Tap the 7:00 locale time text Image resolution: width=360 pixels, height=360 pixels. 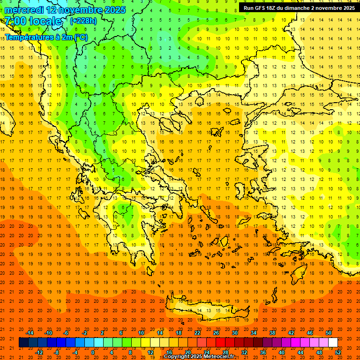pyautogui.click(x=33, y=21)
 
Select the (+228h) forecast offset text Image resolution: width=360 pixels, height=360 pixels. pyautogui.click(x=83, y=21)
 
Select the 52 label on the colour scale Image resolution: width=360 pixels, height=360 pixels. pyautogui.click(x=338, y=352)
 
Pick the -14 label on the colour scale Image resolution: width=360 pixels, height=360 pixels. pyautogui.click(x=30, y=333)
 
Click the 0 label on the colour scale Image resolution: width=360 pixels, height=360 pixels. pyautogui.click(x=93, y=352)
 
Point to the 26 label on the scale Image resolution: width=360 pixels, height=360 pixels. pyautogui.click(x=216, y=333)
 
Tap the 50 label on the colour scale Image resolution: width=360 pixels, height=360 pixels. pyautogui.click(x=328, y=333)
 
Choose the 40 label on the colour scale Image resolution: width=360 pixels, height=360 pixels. pyautogui.click(x=282, y=352)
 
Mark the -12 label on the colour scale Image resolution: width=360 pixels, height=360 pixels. pyautogui.click(x=39, y=352)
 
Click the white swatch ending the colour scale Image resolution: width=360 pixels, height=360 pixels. pyautogui.click(x=333, y=343)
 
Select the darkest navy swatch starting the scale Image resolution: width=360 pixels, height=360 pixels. pyautogui.click(x=23, y=343)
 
